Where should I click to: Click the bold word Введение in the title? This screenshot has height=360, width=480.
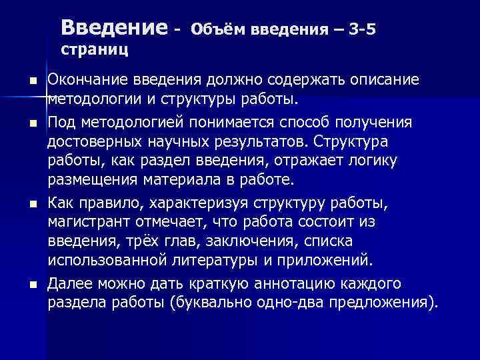tap(113, 28)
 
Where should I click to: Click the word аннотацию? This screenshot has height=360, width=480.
tap(300, 285)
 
